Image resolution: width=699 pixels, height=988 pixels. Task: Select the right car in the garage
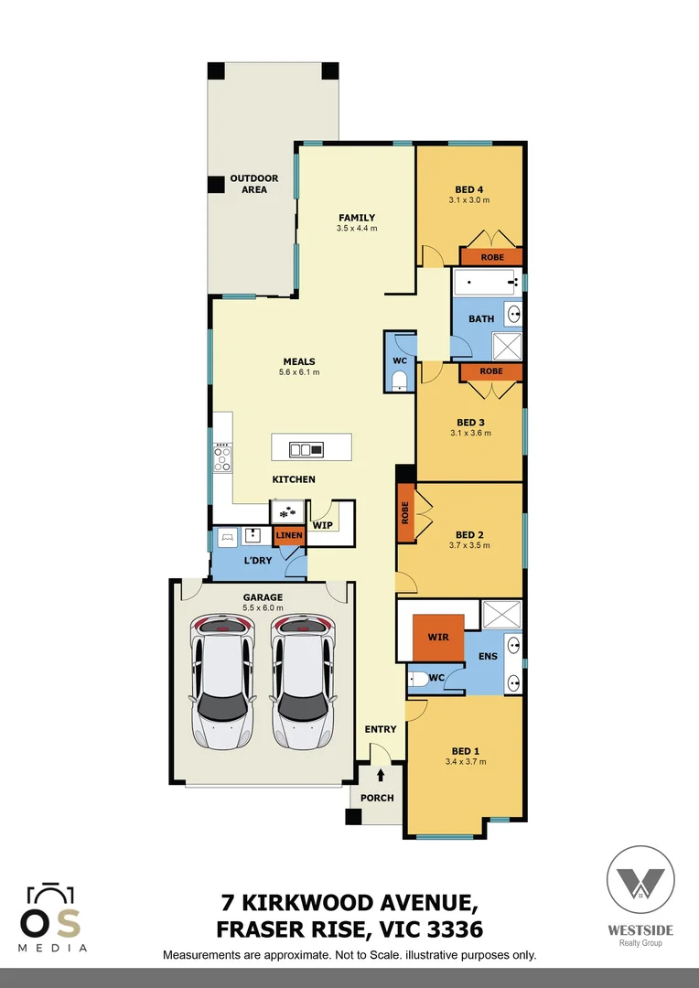(303, 681)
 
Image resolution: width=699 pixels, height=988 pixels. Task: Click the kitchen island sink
(306, 448)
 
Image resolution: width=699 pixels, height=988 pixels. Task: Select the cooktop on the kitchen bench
(221, 456)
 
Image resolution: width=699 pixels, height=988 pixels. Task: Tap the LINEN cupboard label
(289, 535)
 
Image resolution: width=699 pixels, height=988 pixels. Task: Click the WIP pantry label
(322, 526)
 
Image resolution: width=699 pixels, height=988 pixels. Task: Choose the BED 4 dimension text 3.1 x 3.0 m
(469, 199)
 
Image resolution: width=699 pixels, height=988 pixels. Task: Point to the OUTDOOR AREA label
(254, 184)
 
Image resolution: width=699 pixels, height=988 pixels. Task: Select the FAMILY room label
(357, 217)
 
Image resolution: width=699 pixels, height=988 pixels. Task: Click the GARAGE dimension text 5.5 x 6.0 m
(263, 607)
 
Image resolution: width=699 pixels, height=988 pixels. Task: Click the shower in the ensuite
(501, 612)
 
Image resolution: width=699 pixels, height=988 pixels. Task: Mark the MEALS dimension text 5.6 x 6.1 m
(299, 372)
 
